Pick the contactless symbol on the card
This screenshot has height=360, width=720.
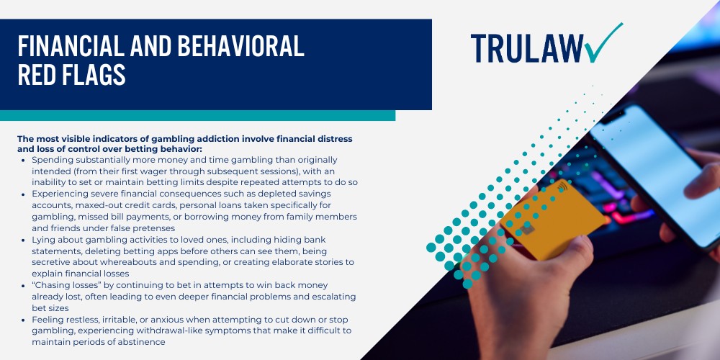562,189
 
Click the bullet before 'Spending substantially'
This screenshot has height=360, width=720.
24,160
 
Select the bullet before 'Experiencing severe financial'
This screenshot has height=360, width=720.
24,194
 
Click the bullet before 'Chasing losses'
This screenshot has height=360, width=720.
24,286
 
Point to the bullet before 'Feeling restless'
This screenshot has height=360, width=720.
24,320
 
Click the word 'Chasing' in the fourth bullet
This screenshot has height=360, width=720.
53,286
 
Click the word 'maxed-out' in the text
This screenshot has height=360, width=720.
97,206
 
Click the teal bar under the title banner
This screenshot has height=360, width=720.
197,115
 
